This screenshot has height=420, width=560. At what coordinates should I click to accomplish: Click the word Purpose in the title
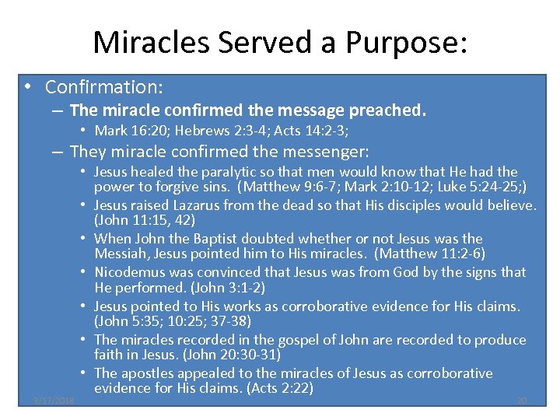(405, 42)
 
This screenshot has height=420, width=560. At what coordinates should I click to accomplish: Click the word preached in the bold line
(391, 110)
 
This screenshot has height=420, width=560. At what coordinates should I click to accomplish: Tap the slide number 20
(522, 401)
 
